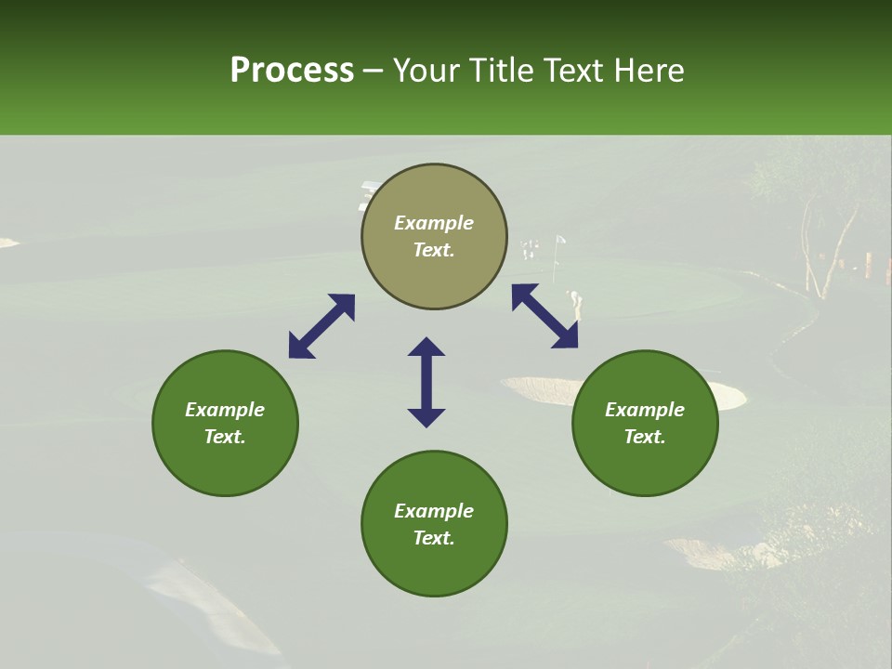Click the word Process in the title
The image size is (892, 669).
[x=292, y=71]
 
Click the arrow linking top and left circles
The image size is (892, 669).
[x=321, y=326]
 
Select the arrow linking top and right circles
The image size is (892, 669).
[x=544, y=316]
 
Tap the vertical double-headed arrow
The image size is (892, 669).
[x=426, y=382]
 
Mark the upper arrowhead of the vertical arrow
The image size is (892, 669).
[x=426, y=347]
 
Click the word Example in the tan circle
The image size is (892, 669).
[x=434, y=223]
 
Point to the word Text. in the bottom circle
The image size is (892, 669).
[x=434, y=538]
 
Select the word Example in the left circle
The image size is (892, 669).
[x=225, y=410]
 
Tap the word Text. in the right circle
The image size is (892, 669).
[x=645, y=437]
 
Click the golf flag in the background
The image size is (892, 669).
[x=559, y=243]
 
